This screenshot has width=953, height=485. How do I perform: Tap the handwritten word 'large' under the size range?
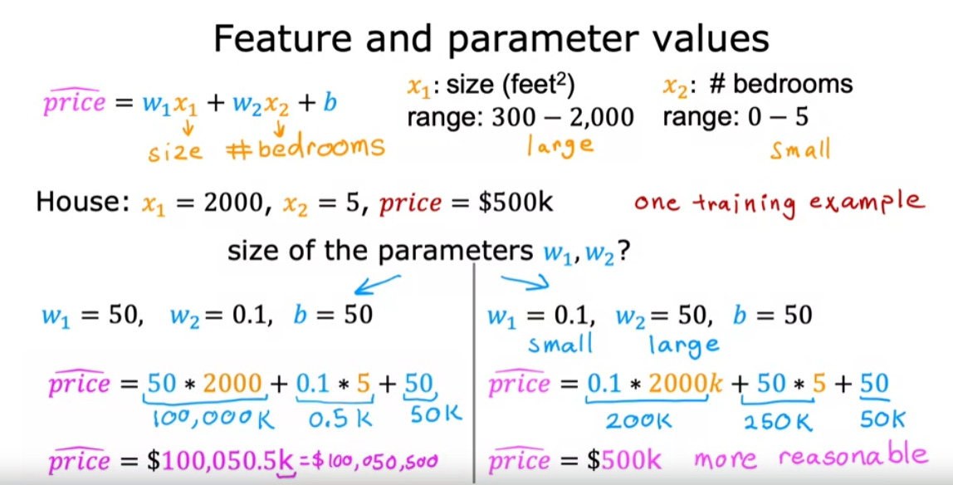(x=560, y=146)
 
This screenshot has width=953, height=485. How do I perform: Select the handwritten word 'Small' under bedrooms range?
(x=799, y=149)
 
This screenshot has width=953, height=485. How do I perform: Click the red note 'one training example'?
(x=780, y=203)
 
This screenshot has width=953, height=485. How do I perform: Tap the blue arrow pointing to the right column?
(x=525, y=280)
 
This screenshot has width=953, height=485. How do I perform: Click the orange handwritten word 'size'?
(x=175, y=149)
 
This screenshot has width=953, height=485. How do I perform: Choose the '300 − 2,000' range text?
(x=563, y=117)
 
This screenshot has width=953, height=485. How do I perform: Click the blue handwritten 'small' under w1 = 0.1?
(x=560, y=345)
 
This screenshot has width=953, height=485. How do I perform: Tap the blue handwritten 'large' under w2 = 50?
(x=684, y=346)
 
